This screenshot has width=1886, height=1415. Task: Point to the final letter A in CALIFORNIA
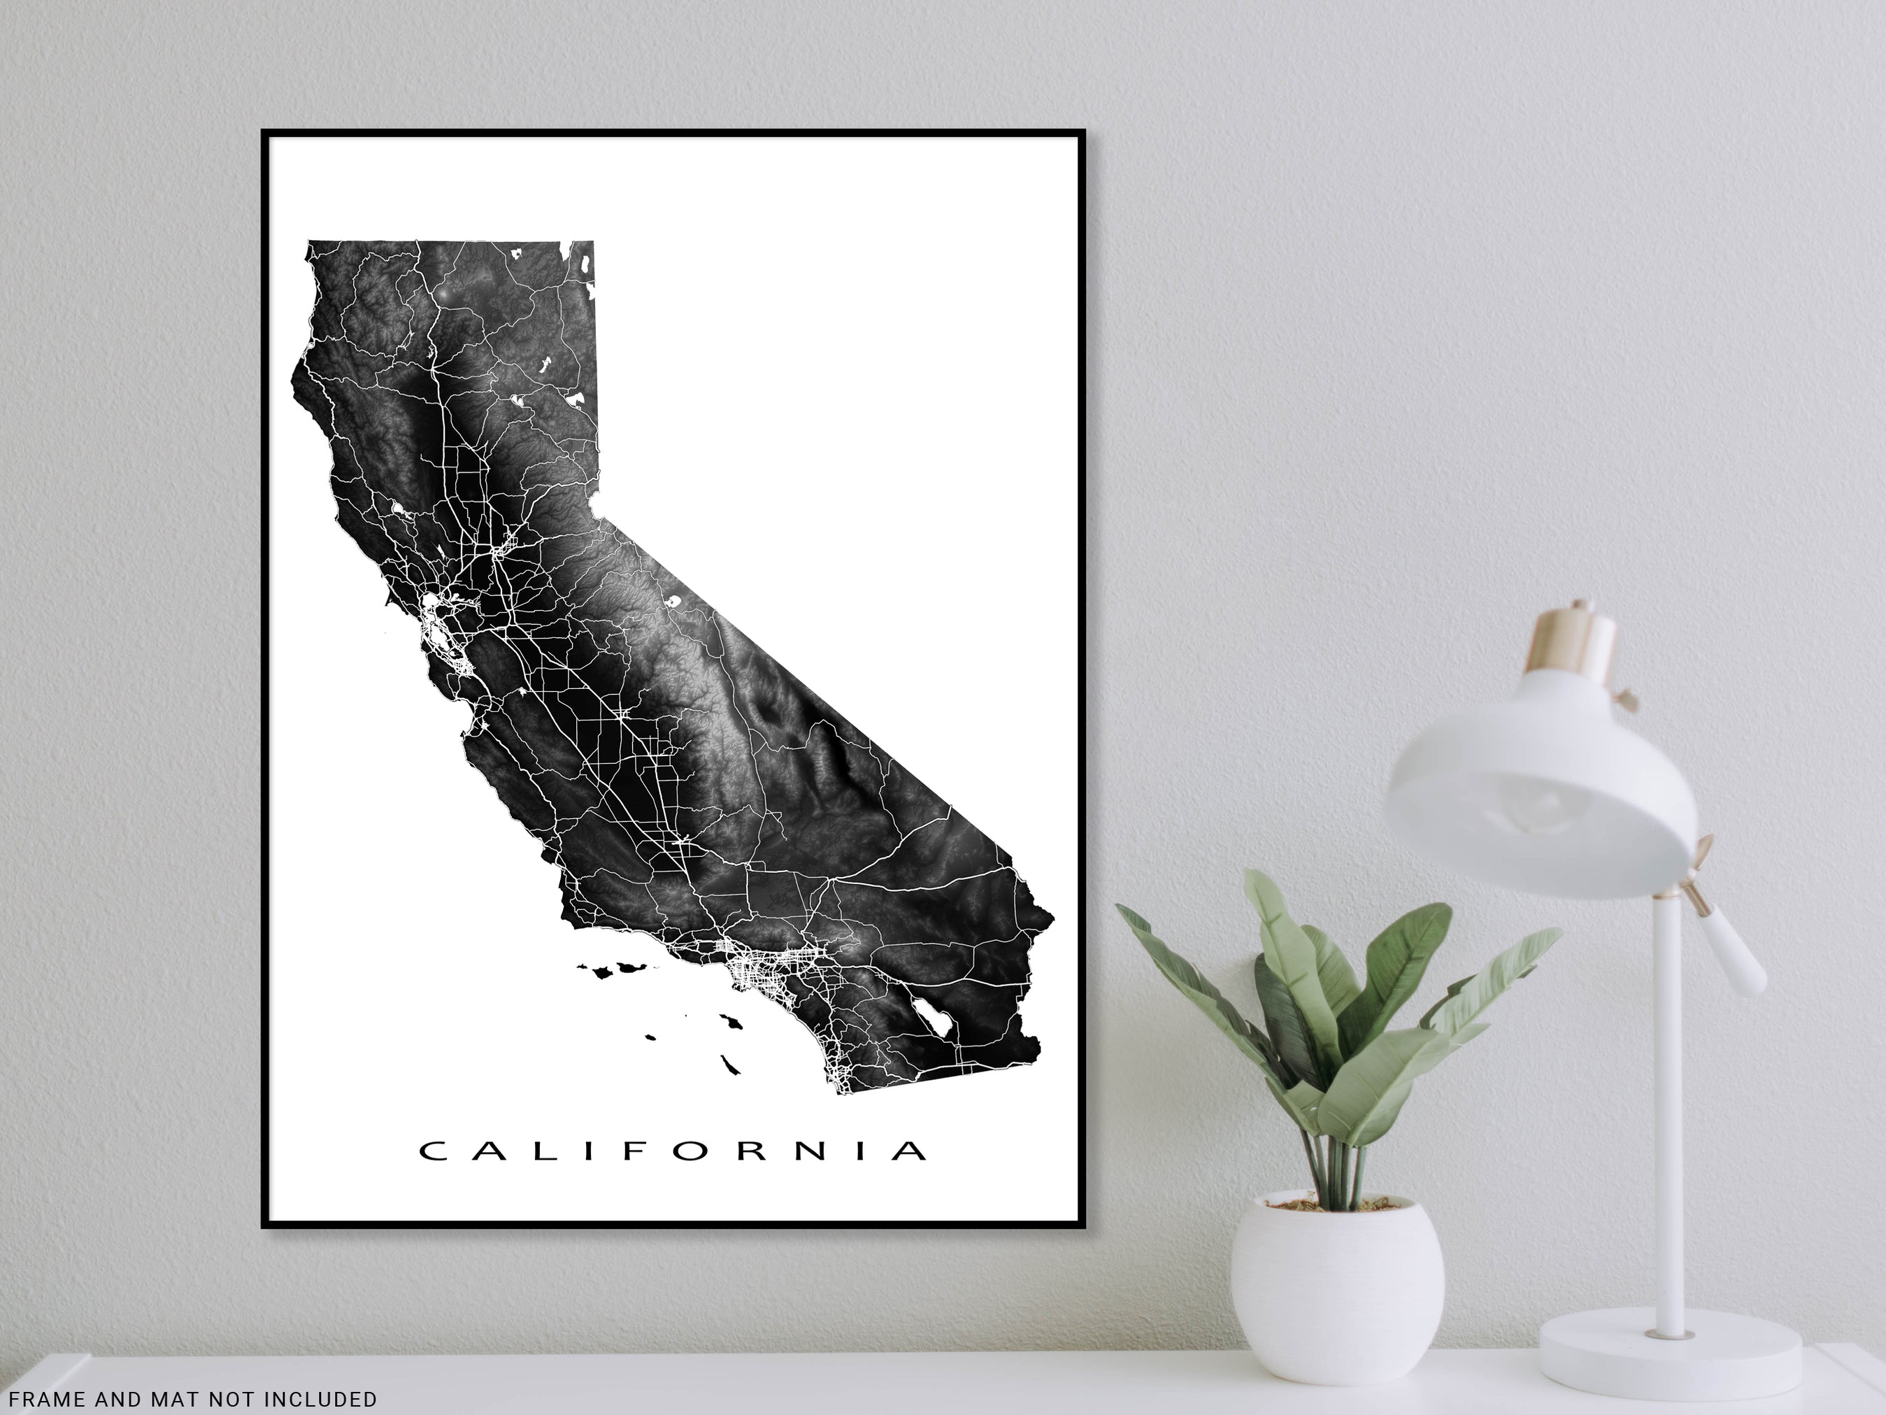coord(911,1151)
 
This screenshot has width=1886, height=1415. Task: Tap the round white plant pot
coord(1336,1276)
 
